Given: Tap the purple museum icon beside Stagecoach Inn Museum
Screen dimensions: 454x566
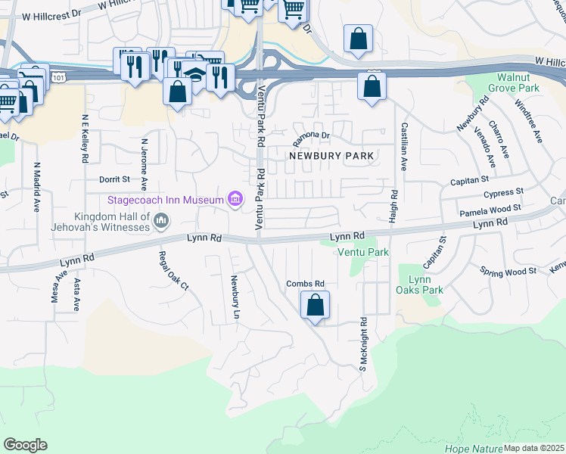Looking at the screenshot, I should point(235,200).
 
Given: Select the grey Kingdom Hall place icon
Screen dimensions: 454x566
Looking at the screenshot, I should point(160,221).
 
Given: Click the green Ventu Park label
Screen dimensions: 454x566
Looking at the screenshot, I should point(363,251).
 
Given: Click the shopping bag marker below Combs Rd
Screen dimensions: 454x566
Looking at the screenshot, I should point(316,306).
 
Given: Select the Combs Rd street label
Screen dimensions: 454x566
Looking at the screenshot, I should point(305,284).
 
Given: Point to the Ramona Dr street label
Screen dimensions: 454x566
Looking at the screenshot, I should point(312,136).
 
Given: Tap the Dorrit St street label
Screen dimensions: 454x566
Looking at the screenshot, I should point(115,180).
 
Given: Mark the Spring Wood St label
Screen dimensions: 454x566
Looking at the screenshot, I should point(508,270).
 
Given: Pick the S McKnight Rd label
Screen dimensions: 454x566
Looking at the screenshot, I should point(363,344).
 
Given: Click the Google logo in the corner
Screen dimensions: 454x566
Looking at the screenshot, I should point(25,445).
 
